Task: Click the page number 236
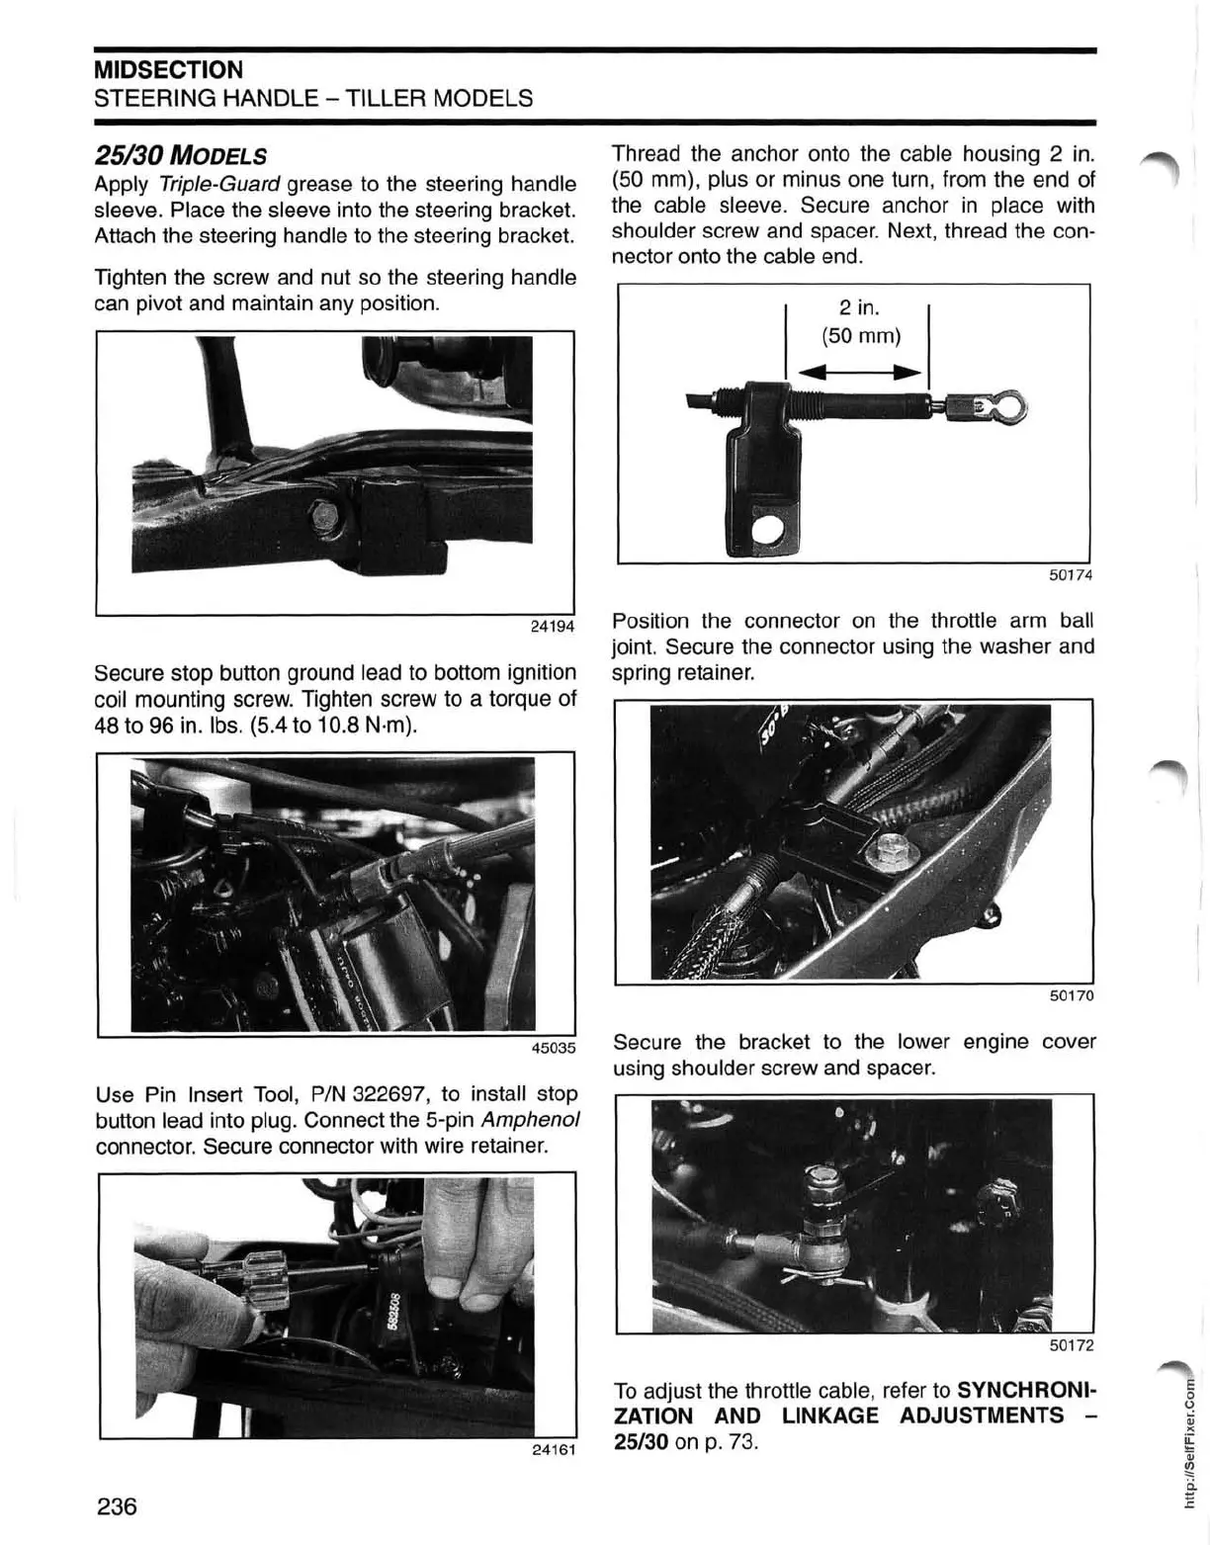click(116, 1507)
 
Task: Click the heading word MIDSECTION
click(168, 70)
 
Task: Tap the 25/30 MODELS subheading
click(180, 156)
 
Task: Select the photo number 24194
click(553, 627)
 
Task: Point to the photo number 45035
click(553, 1048)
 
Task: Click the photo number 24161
click(553, 1450)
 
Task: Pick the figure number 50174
click(1071, 575)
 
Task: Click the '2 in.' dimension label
click(860, 308)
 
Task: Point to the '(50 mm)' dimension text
click(861, 336)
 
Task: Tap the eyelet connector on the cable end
click(1005, 406)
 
